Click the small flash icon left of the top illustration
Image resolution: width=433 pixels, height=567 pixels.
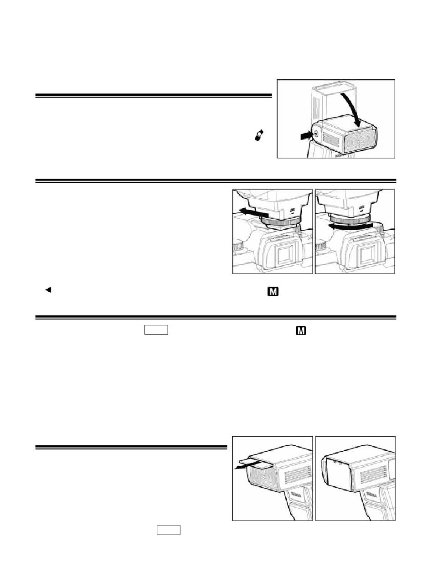[x=260, y=136]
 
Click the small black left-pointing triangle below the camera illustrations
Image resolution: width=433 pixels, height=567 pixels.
[x=47, y=289]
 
